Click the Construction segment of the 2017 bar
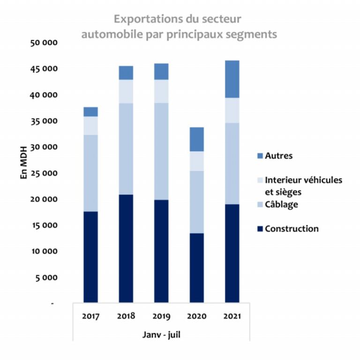(90, 257)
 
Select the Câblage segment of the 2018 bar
(126, 149)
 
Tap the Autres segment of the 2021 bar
(232, 79)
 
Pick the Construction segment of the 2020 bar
(196, 268)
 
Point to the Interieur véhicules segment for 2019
(161, 91)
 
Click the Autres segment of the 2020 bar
(196, 139)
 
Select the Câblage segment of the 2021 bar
(232, 163)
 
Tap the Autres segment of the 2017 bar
(90, 111)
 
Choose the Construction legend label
(292, 229)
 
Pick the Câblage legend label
(281, 204)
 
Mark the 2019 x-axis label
(161, 316)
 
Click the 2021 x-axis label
(232, 316)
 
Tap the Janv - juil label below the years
(161, 335)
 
